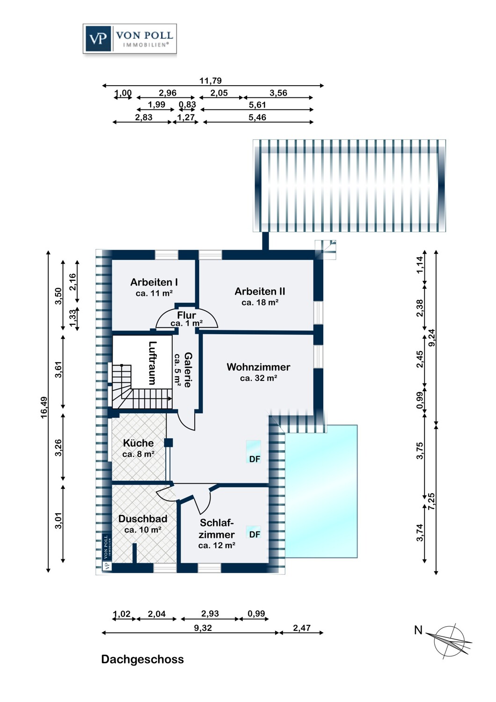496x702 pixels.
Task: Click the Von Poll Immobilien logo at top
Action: [x=130, y=39]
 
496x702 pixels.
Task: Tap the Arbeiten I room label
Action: [x=154, y=287]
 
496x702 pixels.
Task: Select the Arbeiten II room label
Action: [x=260, y=296]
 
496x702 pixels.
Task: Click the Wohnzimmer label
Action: [x=258, y=372]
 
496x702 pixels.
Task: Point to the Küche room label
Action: [x=138, y=448]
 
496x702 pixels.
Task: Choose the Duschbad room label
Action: [x=143, y=524]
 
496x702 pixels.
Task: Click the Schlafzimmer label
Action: [x=217, y=534]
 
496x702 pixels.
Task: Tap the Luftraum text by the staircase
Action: [x=152, y=363]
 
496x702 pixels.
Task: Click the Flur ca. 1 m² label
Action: [x=186, y=319]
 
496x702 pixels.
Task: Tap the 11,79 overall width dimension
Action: [x=211, y=80]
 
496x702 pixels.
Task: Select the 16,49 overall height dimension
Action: [x=44, y=407]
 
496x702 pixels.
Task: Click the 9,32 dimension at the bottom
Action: [x=203, y=628]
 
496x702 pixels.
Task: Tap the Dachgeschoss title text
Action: [x=142, y=659]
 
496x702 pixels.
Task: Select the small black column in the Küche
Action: [x=168, y=442]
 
